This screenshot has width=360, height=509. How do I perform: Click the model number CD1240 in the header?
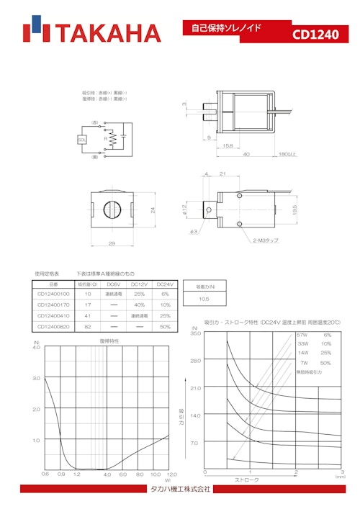(x=315, y=35)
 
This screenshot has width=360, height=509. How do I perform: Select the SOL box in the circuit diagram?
(x=82, y=139)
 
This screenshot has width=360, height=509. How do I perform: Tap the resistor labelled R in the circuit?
(x=108, y=138)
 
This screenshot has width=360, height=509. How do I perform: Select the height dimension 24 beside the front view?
(x=152, y=210)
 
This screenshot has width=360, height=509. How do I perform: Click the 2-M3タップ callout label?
(x=267, y=240)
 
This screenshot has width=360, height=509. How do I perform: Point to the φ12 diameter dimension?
(x=185, y=210)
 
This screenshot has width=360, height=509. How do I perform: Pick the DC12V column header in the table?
(x=140, y=284)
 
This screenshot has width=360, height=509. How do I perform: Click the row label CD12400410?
(x=53, y=315)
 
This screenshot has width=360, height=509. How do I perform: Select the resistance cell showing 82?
(x=88, y=326)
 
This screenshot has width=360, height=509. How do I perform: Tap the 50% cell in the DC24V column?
(x=165, y=326)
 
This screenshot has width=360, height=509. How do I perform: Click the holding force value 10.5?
(x=204, y=298)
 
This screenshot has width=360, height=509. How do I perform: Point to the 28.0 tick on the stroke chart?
(x=195, y=361)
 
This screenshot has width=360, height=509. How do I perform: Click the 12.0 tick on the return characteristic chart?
(x=171, y=474)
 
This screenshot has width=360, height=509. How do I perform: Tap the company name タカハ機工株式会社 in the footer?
(x=180, y=489)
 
